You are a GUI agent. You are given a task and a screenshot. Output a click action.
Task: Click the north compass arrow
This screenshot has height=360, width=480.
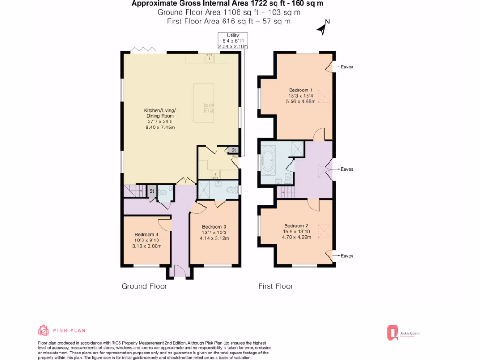tap(322, 29)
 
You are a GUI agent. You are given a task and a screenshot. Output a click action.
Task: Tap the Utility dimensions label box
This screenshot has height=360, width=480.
tap(233, 41)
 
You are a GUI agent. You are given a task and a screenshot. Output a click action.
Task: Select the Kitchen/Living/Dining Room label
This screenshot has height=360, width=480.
tap(159, 119)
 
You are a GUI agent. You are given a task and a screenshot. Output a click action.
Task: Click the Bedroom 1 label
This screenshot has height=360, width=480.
tap(299, 95)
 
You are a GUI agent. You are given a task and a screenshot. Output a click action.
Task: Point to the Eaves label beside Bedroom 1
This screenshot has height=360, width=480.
tap(347, 67)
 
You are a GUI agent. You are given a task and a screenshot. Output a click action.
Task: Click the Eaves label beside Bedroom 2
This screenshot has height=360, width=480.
tap(347, 256)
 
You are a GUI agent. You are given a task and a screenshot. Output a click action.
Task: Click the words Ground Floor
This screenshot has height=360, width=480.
tap(144, 286)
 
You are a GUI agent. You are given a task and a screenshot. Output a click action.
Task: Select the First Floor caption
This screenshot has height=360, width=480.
tap(276, 286)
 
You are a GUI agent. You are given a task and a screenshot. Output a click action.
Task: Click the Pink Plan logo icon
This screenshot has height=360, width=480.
tap(43, 330)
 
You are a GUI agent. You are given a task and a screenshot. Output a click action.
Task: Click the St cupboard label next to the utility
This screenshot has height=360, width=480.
tap(233, 150)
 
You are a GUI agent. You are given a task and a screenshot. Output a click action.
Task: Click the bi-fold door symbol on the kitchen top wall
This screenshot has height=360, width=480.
tap(140, 49)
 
